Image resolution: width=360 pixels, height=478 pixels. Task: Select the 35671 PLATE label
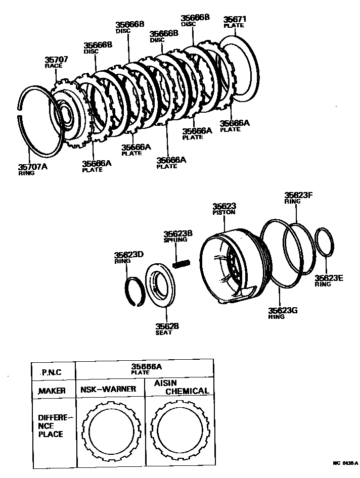(x=235, y=23)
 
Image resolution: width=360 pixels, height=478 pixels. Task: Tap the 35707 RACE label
(x=56, y=62)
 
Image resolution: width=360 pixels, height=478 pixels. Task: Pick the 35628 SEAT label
(x=167, y=328)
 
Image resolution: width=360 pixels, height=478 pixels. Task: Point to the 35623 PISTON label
(x=224, y=209)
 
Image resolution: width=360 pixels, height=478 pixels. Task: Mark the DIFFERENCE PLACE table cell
(x=54, y=425)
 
